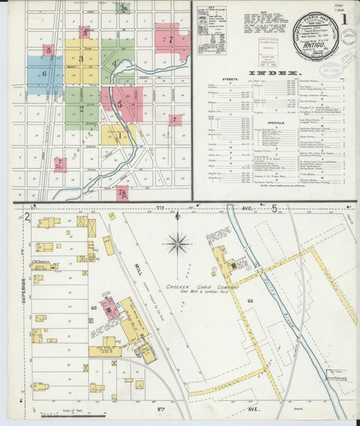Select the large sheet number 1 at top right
pyautogui.click(x=344, y=20)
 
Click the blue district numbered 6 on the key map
pyautogui.click(x=44, y=74)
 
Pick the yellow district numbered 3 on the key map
pyautogui.click(x=81, y=60)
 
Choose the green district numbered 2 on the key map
pyautogui.click(x=82, y=109)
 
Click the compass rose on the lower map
pyautogui.click(x=178, y=242)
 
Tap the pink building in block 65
pyautogui.click(x=110, y=307)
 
